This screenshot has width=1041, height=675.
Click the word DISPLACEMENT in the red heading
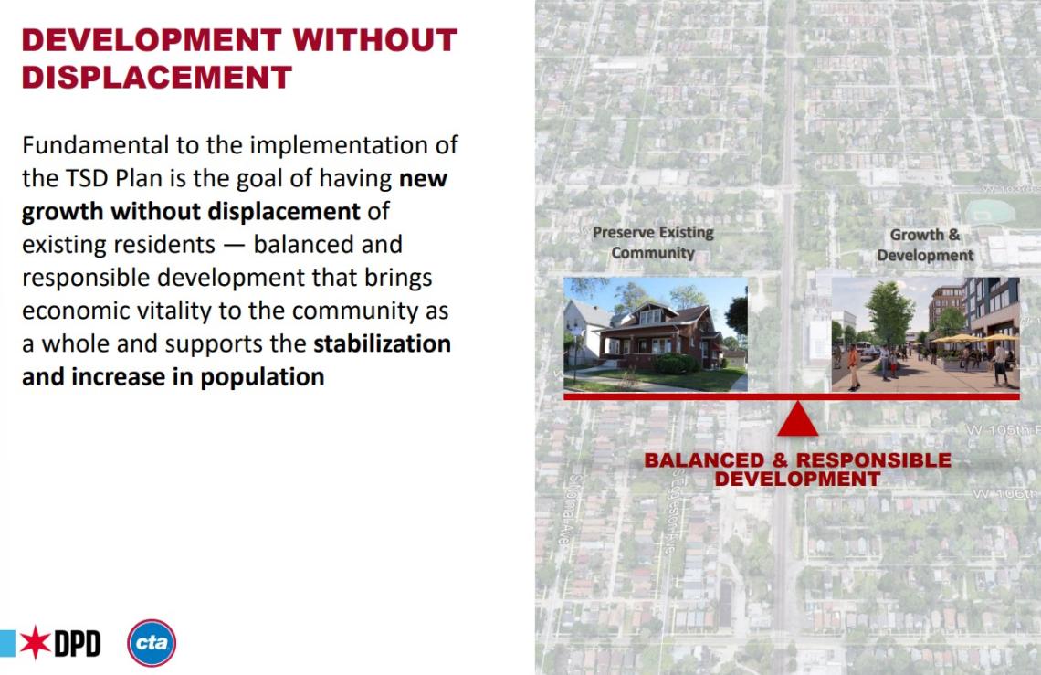(x=156, y=77)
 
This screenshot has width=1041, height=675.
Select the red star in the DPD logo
(x=35, y=643)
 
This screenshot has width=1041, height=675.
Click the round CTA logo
(x=152, y=643)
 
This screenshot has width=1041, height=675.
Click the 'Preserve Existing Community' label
(x=653, y=242)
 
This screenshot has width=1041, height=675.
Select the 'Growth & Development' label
(x=925, y=245)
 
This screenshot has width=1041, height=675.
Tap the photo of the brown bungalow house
(x=655, y=334)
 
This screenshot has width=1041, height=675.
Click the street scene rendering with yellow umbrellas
(x=924, y=334)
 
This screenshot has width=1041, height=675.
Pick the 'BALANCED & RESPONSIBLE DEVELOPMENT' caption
(x=797, y=469)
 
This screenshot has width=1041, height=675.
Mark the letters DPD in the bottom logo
(x=77, y=644)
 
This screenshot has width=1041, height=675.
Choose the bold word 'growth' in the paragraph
(x=62, y=211)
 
